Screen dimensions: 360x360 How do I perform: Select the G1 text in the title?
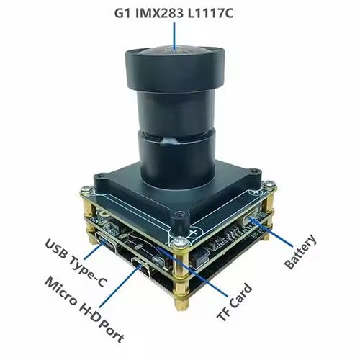[x=122, y=14]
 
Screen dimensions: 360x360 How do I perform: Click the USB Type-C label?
[x=75, y=263]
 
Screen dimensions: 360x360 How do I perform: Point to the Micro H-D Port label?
[x=84, y=310]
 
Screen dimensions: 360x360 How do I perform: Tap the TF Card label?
[x=235, y=302]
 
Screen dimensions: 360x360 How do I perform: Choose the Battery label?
[x=300, y=251]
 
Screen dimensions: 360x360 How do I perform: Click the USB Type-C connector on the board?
[x=106, y=243]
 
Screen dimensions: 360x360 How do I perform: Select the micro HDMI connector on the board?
[x=141, y=267]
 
